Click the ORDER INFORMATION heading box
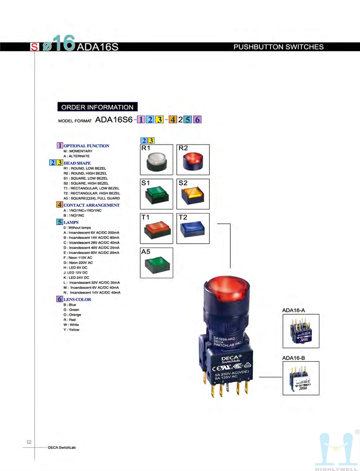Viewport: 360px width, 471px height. point(97,107)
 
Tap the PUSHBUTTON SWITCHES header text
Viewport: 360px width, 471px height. point(279,47)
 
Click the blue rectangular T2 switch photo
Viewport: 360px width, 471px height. point(193,230)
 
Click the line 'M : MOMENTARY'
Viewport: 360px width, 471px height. point(78,151)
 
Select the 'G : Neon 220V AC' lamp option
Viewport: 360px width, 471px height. point(78,263)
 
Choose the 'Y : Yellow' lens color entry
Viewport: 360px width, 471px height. point(72,330)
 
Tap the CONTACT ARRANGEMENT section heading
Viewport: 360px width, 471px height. point(91,205)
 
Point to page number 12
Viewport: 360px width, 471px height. point(29,442)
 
